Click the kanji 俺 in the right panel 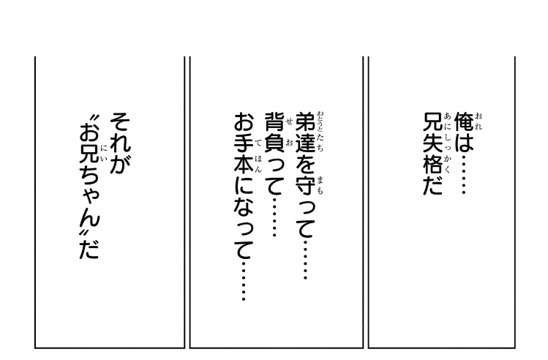(464, 121)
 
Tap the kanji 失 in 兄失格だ (433, 143)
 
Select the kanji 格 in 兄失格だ (433, 165)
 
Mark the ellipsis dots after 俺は (464, 174)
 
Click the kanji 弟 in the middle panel (305, 121)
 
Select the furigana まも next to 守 (320, 186)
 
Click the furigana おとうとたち (320, 132)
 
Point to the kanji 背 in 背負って (274, 121)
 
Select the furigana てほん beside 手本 (258, 154)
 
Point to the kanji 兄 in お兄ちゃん (89, 154)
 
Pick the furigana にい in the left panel (104, 154)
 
